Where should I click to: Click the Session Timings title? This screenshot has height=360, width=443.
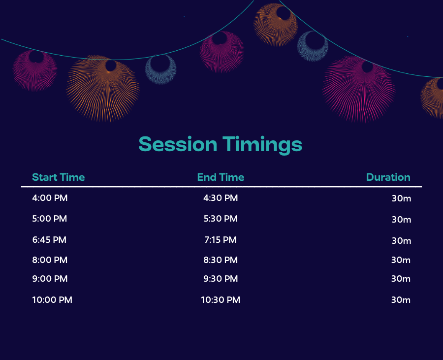point(221,145)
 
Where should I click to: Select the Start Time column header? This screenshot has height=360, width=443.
point(59,177)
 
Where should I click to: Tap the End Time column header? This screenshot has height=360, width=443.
point(221,177)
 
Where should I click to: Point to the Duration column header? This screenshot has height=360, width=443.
point(388,177)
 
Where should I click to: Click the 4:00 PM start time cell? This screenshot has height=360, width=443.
point(50,198)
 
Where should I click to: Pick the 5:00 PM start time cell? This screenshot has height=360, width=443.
point(49,219)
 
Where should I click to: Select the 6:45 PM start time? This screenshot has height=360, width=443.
point(49,240)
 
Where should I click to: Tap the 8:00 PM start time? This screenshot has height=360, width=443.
point(50,260)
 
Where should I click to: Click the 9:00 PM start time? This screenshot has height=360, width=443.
point(50,279)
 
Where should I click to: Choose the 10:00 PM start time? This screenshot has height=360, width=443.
point(52,300)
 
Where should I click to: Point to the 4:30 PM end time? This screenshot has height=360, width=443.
point(221,198)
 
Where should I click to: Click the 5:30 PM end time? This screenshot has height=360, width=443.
point(221,219)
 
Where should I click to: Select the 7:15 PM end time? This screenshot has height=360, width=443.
point(221,240)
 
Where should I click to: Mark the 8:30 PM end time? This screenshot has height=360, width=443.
point(221,260)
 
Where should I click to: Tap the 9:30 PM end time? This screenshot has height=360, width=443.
point(221,279)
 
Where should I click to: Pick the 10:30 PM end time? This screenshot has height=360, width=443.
point(221,300)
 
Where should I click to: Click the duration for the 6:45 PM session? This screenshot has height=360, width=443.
point(402,241)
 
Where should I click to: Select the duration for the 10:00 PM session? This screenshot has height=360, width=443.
point(401,300)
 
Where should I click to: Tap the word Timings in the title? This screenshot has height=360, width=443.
point(262,145)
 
